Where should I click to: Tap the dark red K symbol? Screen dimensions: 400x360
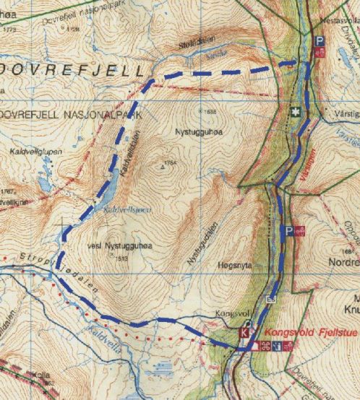tap(244, 333)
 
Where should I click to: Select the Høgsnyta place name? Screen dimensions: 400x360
tap(233, 266)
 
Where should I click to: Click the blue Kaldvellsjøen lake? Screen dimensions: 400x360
tap(107, 194)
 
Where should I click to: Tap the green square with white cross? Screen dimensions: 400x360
tap(295, 113)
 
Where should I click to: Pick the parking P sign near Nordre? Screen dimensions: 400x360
tap(288, 230)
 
